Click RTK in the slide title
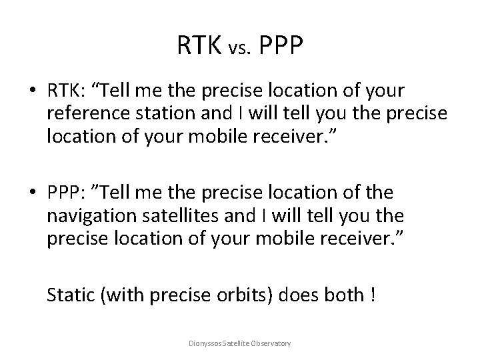point(199,46)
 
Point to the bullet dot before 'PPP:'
point(33,192)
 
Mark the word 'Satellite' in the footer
point(237,343)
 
